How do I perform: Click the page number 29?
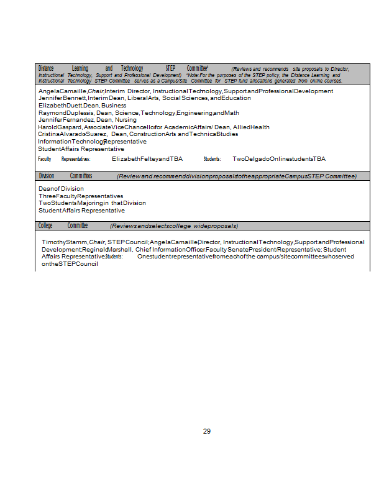[207, 431]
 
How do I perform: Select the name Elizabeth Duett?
[60, 106]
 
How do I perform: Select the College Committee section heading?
[63, 226]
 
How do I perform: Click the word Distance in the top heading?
[47, 68]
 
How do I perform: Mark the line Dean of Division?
[61, 188]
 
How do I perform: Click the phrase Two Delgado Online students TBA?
[279, 159]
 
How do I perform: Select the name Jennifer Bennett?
[62, 98]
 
